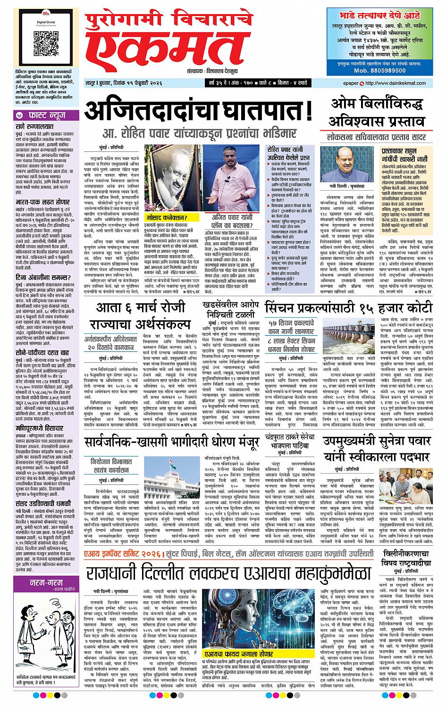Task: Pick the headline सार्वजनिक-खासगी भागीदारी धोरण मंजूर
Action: pyautogui.click(x=171, y=442)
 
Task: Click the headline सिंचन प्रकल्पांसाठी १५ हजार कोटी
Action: pyautogui.click(x=348, y=308)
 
